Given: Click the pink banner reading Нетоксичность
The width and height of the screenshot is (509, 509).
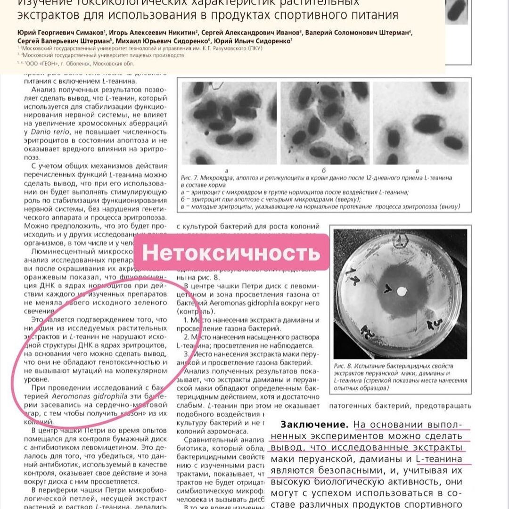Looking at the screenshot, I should tap(231, 253).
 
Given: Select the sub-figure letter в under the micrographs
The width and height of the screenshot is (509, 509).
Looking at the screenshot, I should tap(417, 170).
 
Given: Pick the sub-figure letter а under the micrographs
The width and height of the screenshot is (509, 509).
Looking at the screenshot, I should tap(227, 170).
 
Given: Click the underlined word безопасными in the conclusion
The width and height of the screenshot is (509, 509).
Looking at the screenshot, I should tap(348, 470).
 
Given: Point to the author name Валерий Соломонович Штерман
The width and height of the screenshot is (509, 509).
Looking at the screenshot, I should tap(357, 33).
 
